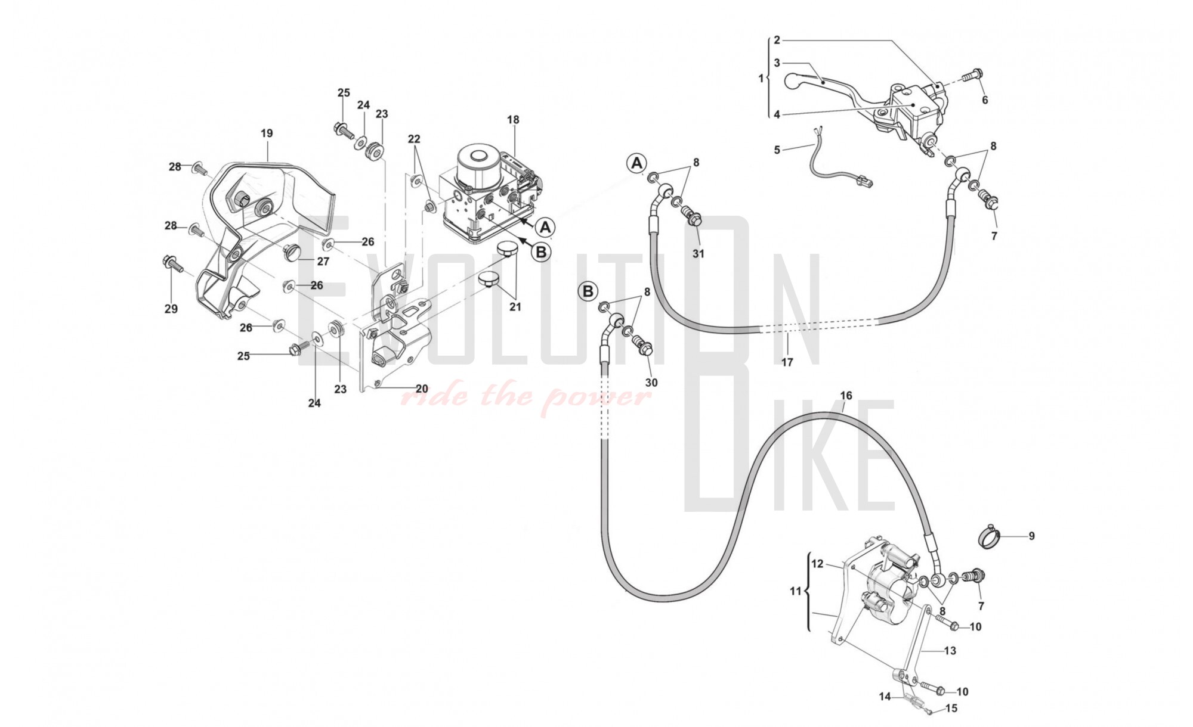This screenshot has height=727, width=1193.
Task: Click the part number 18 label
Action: click(x=513, y=120)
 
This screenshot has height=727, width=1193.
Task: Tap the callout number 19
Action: click(x=267, y=133)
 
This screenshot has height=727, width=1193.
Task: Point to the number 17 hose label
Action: click(x=787, y=362)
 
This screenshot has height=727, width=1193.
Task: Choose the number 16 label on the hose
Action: click(x=846, y=396)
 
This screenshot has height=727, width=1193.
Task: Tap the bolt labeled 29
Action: click(x=169, y=262)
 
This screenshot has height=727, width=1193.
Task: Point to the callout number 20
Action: click(x=422, y=389)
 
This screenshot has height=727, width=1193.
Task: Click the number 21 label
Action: click(x=515, y=307)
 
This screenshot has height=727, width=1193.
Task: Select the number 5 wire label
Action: click(x=777, y=150)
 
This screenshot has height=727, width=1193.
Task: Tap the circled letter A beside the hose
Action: click(x=636, y=163)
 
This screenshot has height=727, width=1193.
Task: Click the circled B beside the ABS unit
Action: click(x=541, y=252)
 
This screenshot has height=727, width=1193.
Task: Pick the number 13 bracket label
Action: click(x=950, y=651)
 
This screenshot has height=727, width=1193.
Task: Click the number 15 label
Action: click(x=951, y=709)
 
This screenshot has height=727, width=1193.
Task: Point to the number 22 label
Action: click(x=414, y=139)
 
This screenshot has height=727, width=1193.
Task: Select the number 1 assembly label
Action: click(x=761, y=78)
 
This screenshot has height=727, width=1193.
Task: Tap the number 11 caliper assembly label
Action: click(x=795, y=591)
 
